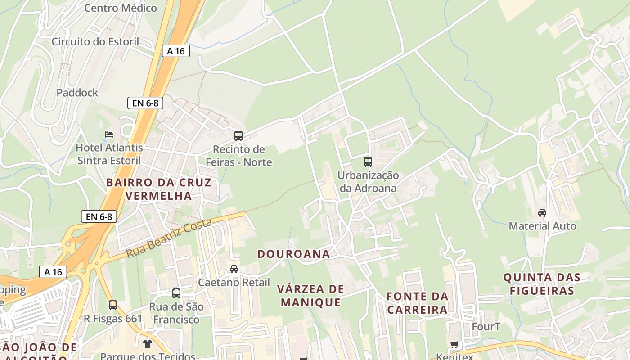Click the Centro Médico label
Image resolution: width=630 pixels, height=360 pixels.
[121, 8]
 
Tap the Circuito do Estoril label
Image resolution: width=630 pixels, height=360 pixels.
[95, 42]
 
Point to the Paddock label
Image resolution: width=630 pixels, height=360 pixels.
[77, 93]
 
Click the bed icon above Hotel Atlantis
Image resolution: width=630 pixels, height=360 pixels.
[109, 134]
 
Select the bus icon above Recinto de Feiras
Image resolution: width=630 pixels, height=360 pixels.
[238, 135]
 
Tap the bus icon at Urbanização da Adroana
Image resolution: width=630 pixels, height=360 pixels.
[368, 162]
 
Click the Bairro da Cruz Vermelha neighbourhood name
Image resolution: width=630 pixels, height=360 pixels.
[159, 189]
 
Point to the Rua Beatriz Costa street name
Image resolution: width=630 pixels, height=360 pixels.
[169, 238]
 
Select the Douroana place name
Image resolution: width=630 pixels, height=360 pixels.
[293, 254]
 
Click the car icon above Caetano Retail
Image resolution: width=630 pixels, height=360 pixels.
[234, 269]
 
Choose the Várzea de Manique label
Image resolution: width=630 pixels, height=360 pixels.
[310, 296]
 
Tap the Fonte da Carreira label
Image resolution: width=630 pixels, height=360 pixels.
[418, 303]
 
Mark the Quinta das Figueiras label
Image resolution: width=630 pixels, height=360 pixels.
[542, 284]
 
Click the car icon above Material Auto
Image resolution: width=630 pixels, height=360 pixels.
[542, 213]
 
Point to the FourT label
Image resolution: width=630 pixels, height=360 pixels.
[486, 326]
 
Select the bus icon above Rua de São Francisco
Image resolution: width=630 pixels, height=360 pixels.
[176, 293]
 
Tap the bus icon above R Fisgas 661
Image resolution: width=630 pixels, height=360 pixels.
[113, 305]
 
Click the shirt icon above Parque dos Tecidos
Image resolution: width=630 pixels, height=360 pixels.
[147, 344]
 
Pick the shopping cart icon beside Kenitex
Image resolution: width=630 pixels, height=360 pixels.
[454, 345]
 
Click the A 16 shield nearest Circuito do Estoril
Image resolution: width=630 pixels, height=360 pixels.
[176, 51]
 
